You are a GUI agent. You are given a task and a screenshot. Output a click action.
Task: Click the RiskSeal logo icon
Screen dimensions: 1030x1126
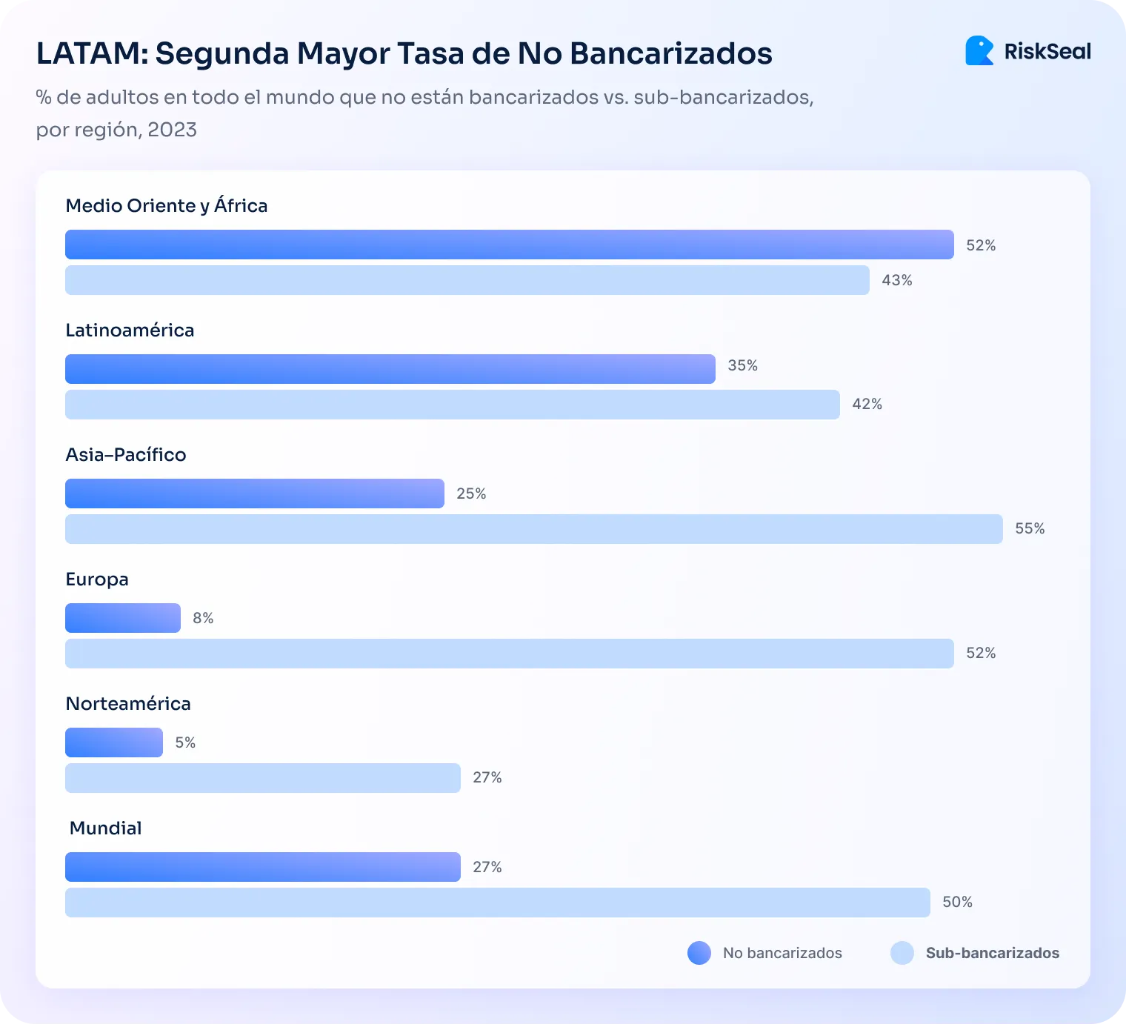coord(979,51)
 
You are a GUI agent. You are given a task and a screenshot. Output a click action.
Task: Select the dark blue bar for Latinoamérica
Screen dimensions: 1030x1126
coord(390,369)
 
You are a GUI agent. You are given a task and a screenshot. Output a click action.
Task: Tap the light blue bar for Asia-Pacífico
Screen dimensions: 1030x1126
coord(533,529)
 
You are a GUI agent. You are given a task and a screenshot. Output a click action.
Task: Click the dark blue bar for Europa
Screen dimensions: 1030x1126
coord(123,618)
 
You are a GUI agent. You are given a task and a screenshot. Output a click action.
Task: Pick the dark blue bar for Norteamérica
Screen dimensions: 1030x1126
coord(114,742)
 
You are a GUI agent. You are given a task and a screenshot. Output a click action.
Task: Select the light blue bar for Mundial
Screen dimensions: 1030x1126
coord(497,903)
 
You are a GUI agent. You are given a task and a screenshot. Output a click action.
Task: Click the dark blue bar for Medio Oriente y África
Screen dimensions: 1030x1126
coord(509,245)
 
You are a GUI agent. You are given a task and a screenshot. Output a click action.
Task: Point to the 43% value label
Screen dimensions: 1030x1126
coord(896,280)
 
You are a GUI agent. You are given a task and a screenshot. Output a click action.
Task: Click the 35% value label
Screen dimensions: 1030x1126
coord(742,365)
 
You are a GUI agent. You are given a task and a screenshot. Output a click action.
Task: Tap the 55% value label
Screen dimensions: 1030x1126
coord(1030,528)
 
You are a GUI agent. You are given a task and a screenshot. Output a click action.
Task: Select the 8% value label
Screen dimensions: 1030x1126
coord(203,618)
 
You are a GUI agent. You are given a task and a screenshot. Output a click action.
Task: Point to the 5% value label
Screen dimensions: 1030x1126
coord(185,742)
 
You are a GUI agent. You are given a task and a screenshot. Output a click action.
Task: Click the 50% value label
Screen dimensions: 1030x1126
coord(957,902)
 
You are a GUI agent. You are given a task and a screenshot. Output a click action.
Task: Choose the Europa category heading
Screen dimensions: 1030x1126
coord(97,579)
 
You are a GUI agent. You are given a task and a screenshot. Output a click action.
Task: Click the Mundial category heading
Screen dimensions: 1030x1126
coord(105,828)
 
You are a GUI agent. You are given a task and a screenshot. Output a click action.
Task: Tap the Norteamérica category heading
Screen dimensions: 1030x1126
coord(128,703)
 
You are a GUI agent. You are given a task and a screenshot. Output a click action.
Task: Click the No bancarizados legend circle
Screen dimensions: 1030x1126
coord(699,953)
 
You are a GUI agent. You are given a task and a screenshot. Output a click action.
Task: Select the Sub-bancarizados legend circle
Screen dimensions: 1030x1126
coord(902,953)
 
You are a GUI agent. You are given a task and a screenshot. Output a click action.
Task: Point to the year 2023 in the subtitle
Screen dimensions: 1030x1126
coord(172,130)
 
